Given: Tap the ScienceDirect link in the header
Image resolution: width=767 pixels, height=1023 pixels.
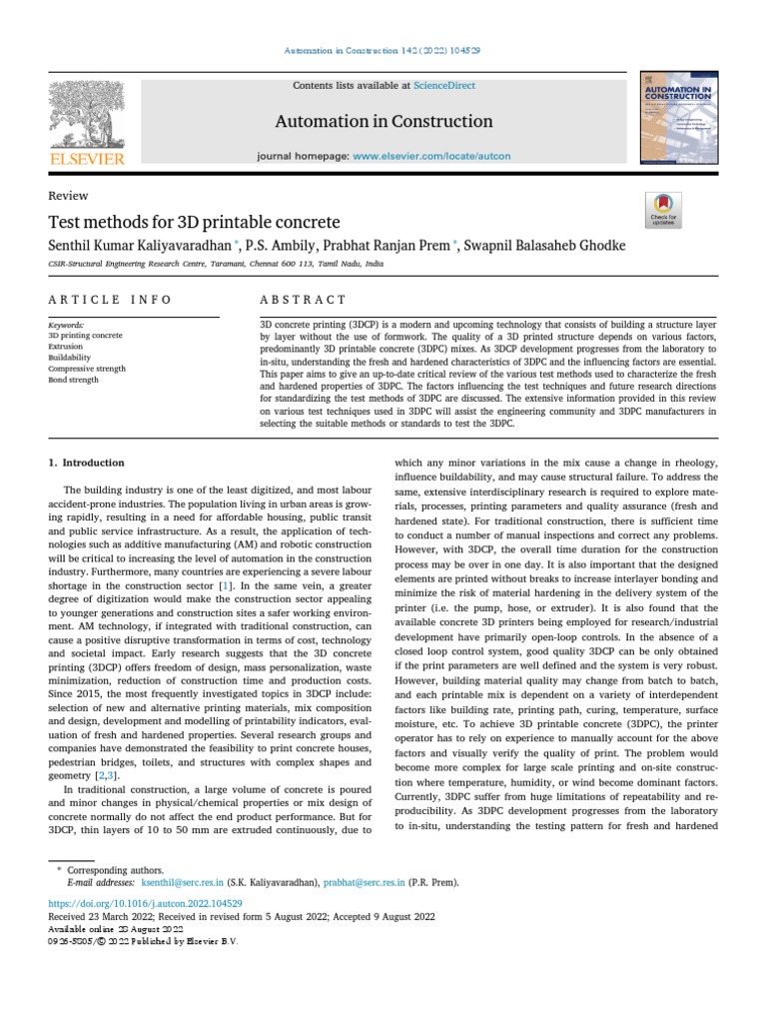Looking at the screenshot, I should coord(443,86).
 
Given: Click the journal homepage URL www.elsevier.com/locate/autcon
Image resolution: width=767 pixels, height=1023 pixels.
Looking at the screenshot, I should coord(431,157).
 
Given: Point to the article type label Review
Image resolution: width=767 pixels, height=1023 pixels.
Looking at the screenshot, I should coord(68,196).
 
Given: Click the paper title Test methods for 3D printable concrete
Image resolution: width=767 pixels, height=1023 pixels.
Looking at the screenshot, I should coord(195,222).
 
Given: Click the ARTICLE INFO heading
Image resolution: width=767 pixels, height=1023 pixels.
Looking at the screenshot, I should coord(110,300).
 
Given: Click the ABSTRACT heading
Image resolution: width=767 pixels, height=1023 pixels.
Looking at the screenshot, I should coord(303,300).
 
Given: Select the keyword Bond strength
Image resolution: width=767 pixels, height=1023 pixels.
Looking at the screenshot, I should coord(73,380).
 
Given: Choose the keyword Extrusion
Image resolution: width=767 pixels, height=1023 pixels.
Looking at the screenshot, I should coord(66,347).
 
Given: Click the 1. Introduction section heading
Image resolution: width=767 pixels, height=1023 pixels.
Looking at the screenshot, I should coord(87,463).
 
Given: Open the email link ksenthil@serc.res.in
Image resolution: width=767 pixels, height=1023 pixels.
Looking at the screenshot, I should coord(182,883).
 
